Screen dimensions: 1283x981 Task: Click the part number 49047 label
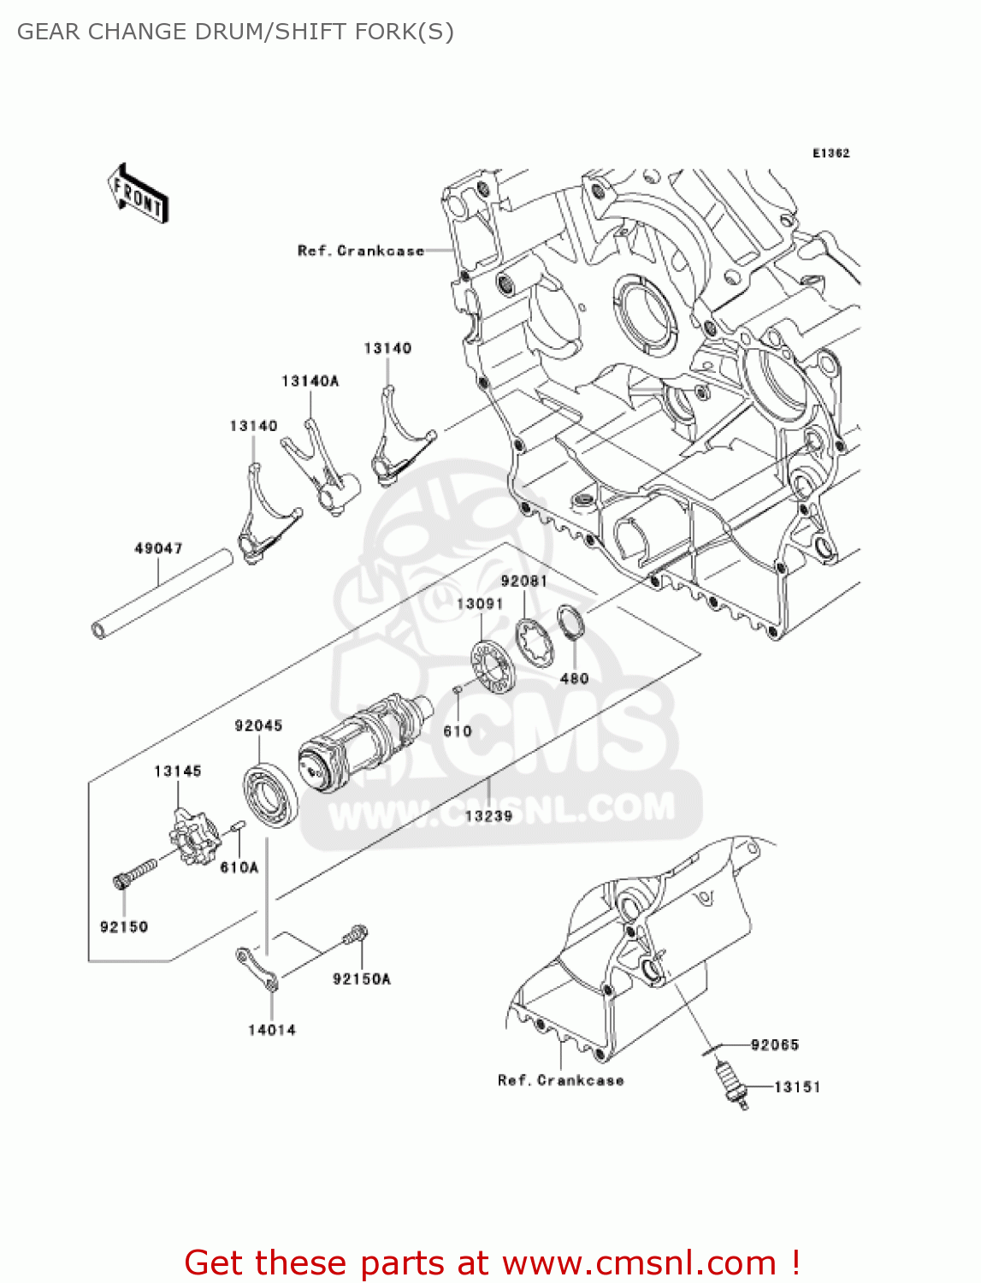click(158, 548)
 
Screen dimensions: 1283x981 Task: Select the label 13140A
click(310, 381)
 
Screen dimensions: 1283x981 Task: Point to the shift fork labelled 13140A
click(320, 465)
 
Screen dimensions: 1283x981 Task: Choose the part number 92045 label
click(258, 726)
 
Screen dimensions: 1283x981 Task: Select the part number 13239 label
click(488, 816)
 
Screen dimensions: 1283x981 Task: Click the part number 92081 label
click(523, 582)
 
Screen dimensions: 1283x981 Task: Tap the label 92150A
click(361, 979)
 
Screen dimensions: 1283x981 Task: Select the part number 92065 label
click(774, 1045)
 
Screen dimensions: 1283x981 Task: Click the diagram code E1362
click(830, 153)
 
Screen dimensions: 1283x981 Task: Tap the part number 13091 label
click(480, 604)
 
